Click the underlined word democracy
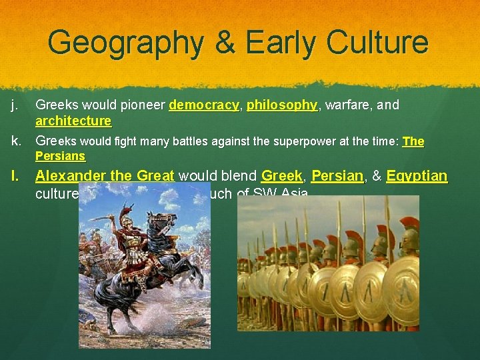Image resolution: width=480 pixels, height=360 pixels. [204, 105]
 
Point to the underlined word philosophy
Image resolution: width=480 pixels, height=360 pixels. [282, 105]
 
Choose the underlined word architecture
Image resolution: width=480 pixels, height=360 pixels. [73, 121]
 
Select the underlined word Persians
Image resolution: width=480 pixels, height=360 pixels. [60, 156]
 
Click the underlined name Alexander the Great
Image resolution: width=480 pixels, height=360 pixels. [105, 177]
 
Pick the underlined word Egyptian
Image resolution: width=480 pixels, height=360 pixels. [417, 177]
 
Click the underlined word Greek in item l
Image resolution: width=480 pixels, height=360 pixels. [281, 177]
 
